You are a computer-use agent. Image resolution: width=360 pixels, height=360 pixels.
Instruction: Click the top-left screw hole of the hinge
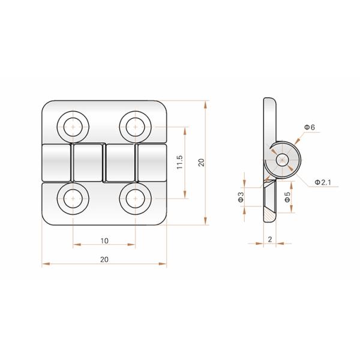(73, 127)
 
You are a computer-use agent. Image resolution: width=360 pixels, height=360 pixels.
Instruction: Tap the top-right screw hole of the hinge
(136, 127)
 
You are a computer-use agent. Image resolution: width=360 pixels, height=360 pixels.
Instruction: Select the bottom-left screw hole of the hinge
(73, 199)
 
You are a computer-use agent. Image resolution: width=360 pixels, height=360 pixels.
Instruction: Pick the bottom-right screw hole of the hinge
(136, 199)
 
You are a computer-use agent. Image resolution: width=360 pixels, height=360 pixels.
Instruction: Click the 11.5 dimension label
(179, 163)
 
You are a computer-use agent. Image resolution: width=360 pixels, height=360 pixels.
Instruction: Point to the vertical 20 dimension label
(202, 163)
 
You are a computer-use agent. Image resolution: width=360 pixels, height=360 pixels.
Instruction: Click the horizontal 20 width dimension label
(104, 259)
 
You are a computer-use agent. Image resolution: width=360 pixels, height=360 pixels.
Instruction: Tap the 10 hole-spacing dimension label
(104, 241)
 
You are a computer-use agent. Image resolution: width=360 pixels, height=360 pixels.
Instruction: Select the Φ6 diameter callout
(310, 127)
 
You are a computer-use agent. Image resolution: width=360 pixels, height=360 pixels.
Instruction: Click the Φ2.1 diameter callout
(323, 182)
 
